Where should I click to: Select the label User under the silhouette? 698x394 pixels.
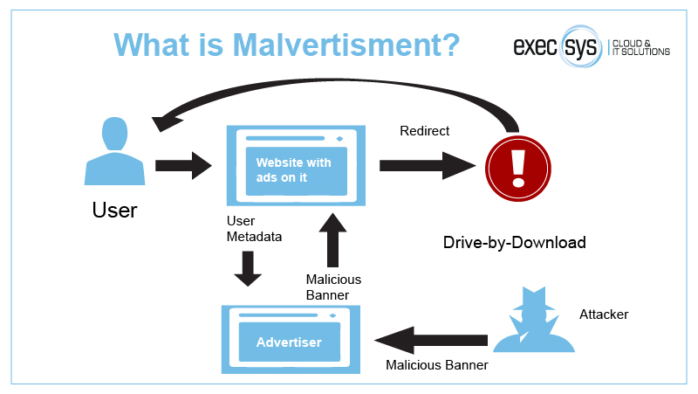(114, 211)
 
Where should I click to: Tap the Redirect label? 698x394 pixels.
(424, 131)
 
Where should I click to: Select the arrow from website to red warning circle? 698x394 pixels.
(428, 164)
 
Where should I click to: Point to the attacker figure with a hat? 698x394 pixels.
(534, 317)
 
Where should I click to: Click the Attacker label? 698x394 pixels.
(603, 314)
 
